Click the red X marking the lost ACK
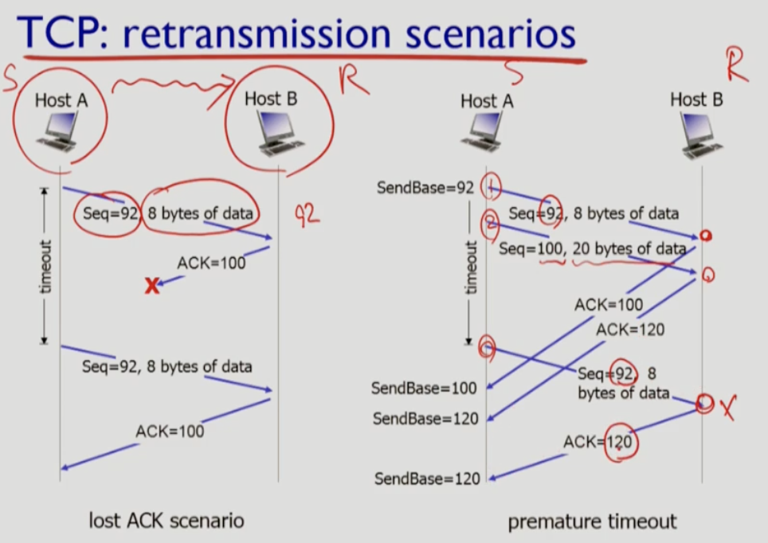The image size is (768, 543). coord(151,286)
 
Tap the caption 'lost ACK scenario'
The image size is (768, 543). coord(166,522)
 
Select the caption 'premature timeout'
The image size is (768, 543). coord(592,522)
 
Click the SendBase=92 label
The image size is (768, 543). coord(425,188)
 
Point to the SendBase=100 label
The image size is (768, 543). coord(424,388)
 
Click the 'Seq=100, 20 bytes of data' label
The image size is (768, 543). coord(592,248)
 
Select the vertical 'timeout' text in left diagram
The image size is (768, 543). coord(45,266)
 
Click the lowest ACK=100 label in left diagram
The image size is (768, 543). coord(169,432)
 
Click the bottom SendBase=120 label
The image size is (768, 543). coord(427,479)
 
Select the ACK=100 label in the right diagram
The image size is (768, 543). coord(608,304)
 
